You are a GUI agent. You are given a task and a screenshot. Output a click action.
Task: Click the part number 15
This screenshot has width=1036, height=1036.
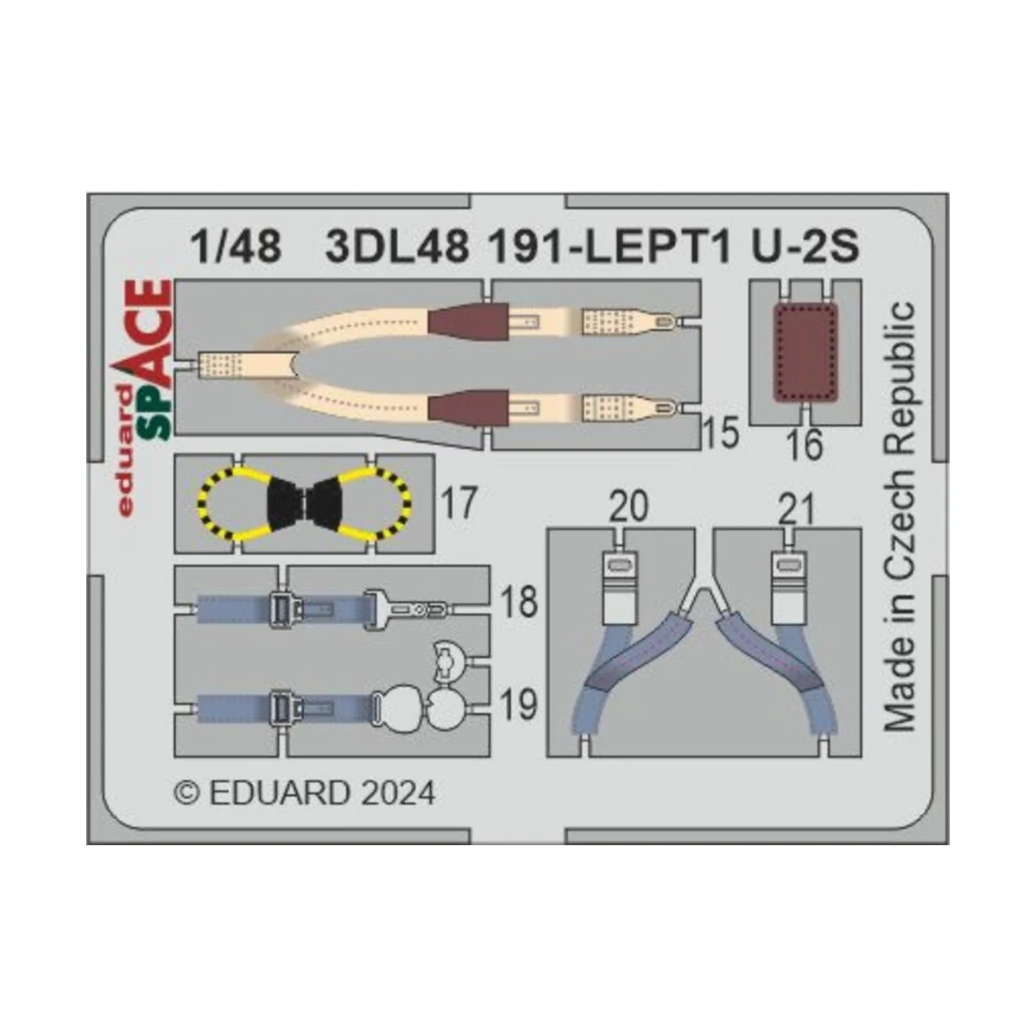point(720,433)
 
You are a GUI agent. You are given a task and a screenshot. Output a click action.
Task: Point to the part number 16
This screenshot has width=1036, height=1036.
point(805,445)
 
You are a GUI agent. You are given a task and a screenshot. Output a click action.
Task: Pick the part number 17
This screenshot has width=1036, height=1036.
point(458,502)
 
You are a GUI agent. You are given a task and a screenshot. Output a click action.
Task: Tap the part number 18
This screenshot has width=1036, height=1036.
point(519,602)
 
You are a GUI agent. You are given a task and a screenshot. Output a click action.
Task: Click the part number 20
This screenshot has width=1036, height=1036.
point(628,508)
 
